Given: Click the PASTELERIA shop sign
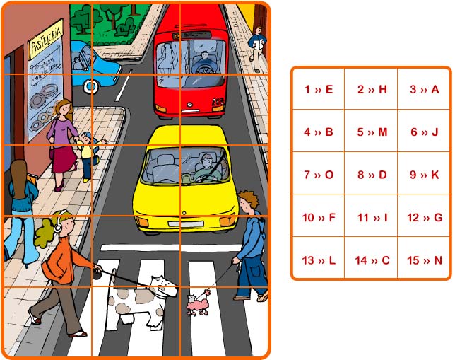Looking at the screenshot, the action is tap(46, 39).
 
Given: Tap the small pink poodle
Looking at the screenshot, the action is tap(199, 303).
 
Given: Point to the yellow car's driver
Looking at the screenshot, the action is tap(207, 168).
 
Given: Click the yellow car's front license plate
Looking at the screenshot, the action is tap(186, 223).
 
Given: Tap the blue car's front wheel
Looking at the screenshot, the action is tap(90, 86).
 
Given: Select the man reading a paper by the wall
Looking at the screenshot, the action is tap(256, 49).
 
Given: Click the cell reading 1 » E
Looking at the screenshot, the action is tap(319, 89).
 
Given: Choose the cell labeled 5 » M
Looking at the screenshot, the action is tap(371, 132).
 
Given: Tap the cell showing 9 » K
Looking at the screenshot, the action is tap(424, 175).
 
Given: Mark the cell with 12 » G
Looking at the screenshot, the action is tap(424, 217).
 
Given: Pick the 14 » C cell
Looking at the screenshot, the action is tap(371, 260).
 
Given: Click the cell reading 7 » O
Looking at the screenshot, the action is tap(319, 175).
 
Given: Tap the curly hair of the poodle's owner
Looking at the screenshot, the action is tap(249, 198).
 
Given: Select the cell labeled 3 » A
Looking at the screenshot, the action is tap(424, 89).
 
